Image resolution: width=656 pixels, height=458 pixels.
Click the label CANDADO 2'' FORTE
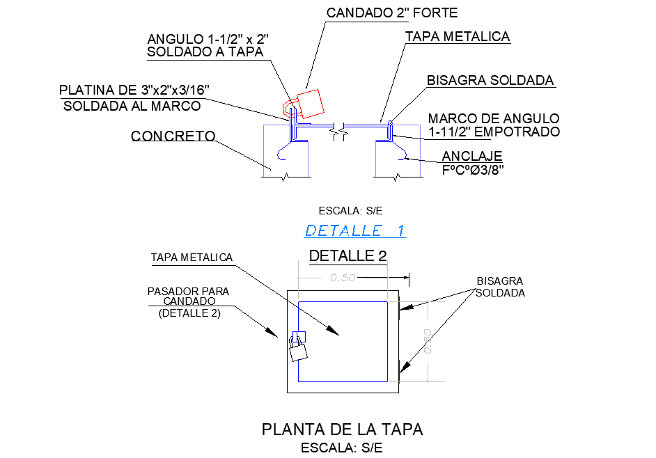click(x=391, y=13)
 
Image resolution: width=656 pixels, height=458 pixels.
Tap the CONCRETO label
click(x=173, y=136)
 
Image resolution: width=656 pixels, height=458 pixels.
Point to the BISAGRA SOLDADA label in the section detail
click(x=490, y=80)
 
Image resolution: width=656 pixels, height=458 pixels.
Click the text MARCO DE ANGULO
click(x=493, y=119)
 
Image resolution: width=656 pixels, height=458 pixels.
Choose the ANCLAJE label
click(x=472, y=155)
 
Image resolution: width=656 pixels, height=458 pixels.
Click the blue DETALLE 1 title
click(x=355, y=230)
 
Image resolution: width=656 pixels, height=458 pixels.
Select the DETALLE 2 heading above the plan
click(x=347, y=255)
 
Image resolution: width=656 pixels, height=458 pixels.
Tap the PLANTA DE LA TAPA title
click(x=342, y=429)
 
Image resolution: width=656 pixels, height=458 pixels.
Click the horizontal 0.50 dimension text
click(x=343, y=278)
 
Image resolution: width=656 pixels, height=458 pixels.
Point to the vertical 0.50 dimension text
click(x=427, y=341)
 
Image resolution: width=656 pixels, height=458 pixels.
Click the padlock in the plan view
click(x=298, y=349)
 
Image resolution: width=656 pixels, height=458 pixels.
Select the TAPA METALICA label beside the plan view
click(x=192, y=258)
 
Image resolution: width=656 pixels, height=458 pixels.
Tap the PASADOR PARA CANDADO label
click(x=188, y=297)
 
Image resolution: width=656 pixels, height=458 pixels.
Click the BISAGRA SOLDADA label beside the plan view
click(x=500, y=287)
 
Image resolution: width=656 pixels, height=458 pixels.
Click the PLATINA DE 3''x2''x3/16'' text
click(x=134, y=90)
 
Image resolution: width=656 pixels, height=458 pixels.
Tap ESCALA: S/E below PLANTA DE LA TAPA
click(x=341, y=448)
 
